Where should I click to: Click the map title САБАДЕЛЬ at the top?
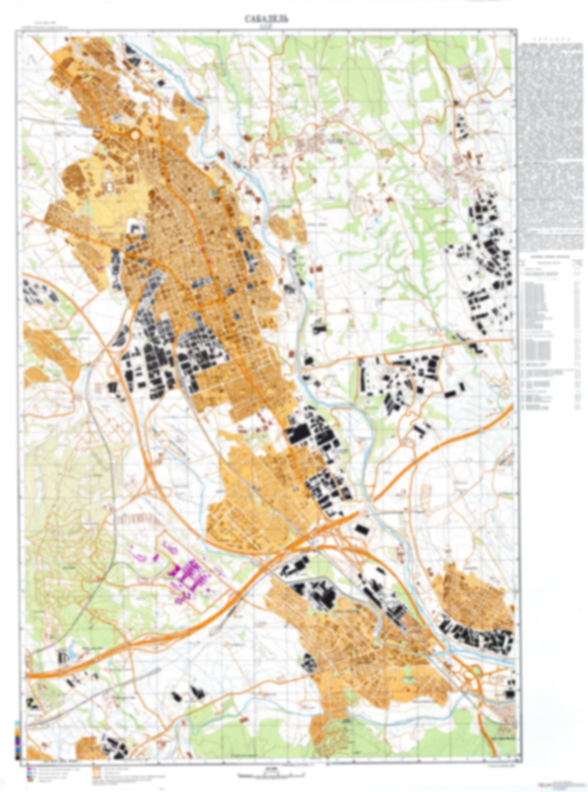click(267, 19)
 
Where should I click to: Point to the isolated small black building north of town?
click(161, 82)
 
